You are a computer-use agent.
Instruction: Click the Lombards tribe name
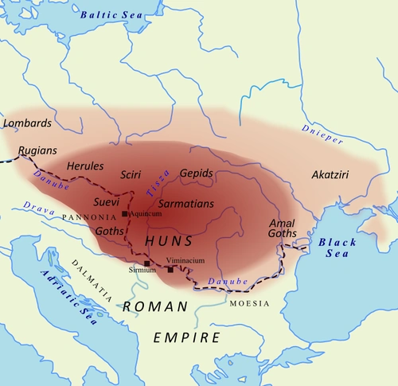click(x=27, y=123)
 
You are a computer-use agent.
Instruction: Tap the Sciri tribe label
click(x=130, y=174)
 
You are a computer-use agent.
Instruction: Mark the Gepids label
click(x=197, y=173)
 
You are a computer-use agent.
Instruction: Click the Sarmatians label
click(x=186, y=204)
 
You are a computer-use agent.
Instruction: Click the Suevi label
click(x=106, y=202)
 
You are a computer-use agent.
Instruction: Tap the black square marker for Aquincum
click(x=124, y=214)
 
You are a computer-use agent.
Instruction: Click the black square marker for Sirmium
click(x=147, y=263)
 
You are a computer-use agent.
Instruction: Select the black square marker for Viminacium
click(x=170, y=269)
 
